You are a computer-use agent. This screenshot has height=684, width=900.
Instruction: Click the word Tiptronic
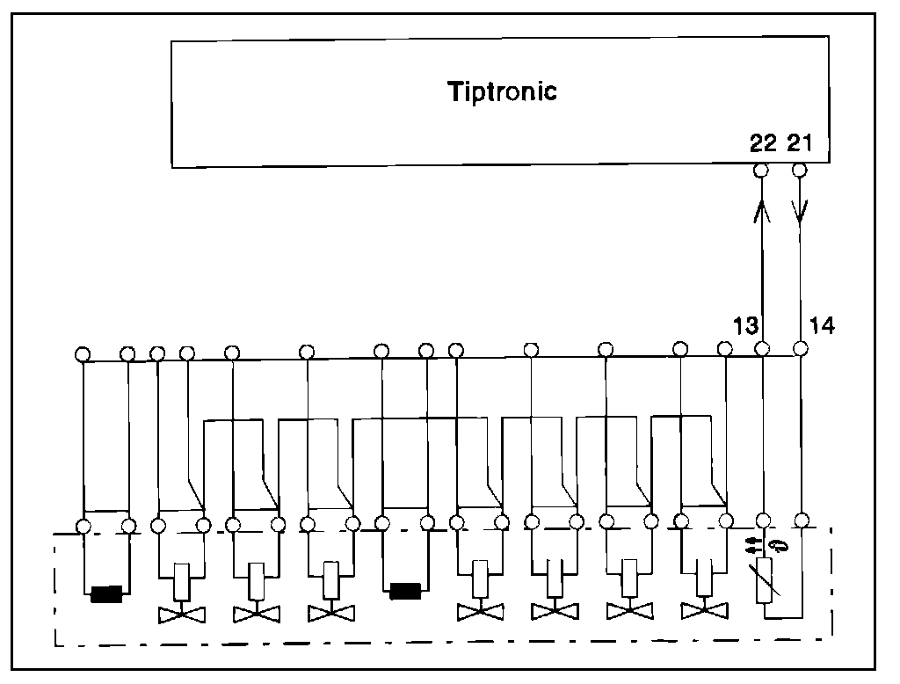coord(502,91)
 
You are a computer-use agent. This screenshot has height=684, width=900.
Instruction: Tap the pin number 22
coord(763,143)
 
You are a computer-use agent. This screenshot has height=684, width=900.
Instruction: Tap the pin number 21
coord(802,143)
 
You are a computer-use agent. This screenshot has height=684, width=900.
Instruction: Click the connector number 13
coord(744,326)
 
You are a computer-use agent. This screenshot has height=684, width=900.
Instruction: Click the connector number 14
coord(822,326)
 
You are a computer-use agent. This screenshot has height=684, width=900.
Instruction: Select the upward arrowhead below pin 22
coord(762,211)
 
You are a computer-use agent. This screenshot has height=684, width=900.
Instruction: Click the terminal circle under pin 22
coord(762,169)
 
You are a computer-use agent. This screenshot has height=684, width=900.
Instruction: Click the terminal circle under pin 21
coord(800,169)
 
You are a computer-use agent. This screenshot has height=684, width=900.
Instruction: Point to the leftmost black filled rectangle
coord(106,595)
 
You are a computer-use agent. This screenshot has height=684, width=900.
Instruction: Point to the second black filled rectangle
coord(406,590)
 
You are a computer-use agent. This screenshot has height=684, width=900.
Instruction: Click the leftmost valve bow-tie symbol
coord(182,612)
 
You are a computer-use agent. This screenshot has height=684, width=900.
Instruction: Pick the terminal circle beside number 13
coord(762,349)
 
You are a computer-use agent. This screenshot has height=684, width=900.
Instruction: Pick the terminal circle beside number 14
coord(800,349)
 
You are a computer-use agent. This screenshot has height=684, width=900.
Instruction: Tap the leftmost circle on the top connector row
coord(82,354)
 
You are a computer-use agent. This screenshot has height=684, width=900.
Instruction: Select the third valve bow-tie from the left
coord(331,612)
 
